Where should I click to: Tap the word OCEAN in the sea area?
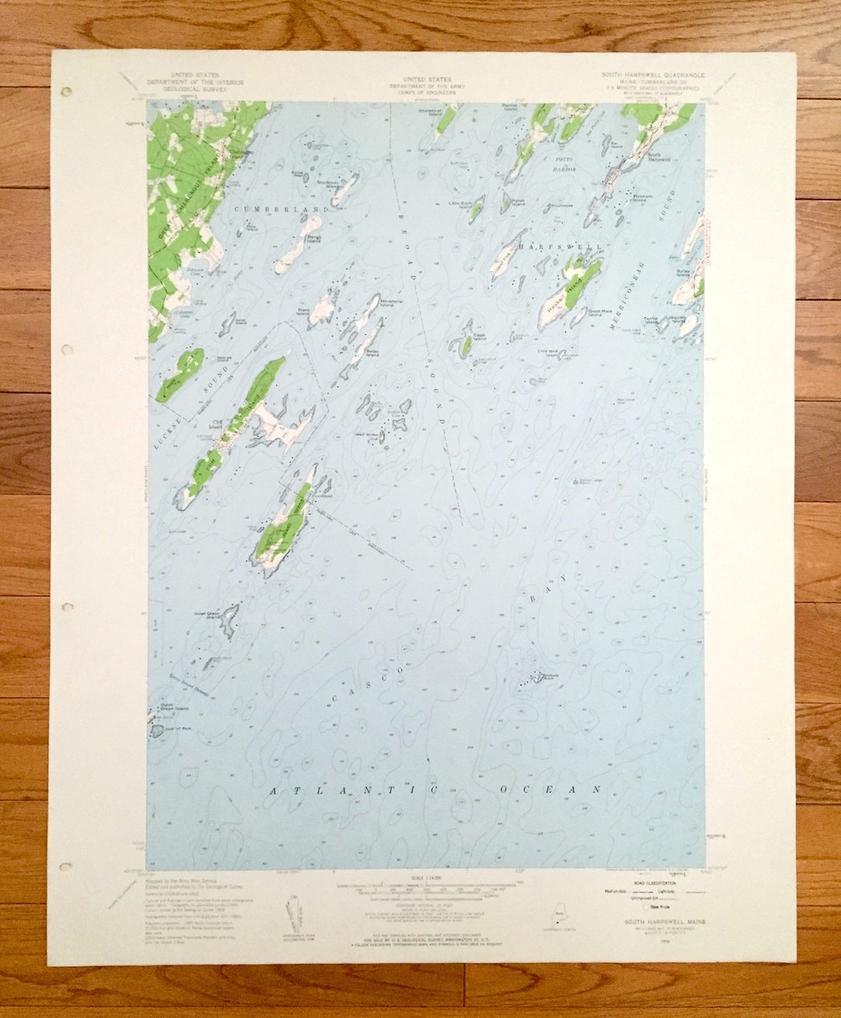[x=551, y=790]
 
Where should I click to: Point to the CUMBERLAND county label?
[x=283, y=210]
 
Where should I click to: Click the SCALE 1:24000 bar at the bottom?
[x=420, y=877]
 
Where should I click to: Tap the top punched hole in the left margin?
[x=66, y=92]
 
